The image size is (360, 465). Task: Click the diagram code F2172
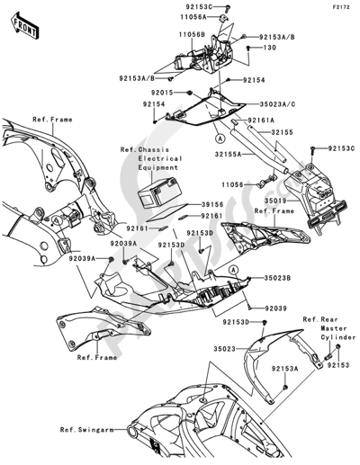[x=340, y=7]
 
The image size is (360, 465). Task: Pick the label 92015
[x=162, y=93]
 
